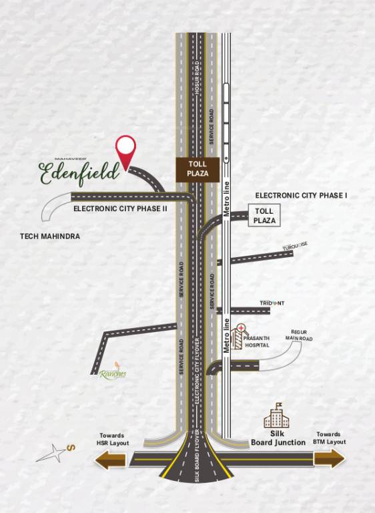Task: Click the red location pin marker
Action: click(x=125, y=148)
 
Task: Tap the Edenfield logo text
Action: click(x=79, y=171)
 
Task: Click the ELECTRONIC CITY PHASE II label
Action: click(x=120, y=208)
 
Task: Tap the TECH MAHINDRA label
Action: click(x=50, y=236)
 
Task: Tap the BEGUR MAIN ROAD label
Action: click(x=298, y=335)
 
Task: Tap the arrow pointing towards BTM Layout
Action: click(x=329, y=458)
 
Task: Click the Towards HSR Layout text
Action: click(x=113, y=438)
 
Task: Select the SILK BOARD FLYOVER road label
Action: click(x=198, y=461)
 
